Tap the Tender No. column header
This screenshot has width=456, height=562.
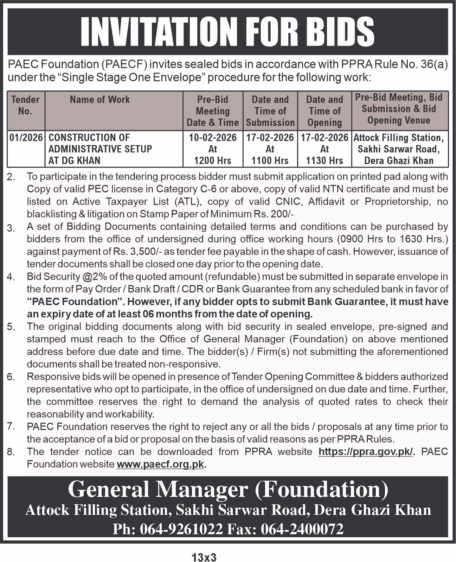[25, 105]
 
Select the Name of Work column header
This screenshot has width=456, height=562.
[99, 100]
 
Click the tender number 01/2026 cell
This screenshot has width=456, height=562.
[26, 137]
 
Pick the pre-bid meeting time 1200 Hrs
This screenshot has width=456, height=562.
[213, 160]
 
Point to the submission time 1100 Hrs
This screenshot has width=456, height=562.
[270, 160]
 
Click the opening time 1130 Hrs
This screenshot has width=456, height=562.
[325, 160]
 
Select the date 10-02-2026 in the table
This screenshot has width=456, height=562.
[213, 137]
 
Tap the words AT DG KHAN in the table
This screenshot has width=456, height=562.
[75, 160]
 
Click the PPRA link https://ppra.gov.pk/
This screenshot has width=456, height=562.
[366, 452]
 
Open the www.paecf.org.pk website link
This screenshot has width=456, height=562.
[160, 464]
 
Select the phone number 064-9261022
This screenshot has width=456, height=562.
[181, 529]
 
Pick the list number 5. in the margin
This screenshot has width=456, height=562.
[11, 327]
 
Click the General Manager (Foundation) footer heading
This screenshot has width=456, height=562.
[228, 489]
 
